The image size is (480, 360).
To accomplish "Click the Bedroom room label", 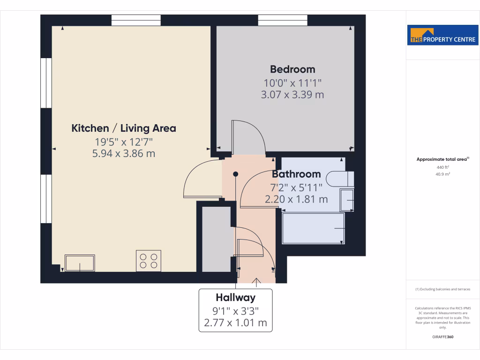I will click(x=292, y=69).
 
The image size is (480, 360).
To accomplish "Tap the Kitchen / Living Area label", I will click(x=124, y=128).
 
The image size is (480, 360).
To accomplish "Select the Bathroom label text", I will click(x=296, y=174).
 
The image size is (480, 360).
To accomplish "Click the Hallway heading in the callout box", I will click(x=235, y=297).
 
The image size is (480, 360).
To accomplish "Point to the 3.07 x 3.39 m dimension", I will click(x=292, y=95).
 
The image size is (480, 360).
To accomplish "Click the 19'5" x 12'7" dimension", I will click(x=124, y=142).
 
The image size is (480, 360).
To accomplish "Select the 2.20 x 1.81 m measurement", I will click(x=296, y=199).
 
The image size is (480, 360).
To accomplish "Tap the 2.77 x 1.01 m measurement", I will click(x=235, y=322).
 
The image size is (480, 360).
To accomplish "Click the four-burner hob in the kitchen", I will click(x=149, y=261).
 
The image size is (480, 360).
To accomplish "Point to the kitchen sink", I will click(x=80, y=263).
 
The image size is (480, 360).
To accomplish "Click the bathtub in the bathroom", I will click(x=313, y=228).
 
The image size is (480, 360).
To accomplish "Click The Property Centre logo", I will click(x=443, y=36).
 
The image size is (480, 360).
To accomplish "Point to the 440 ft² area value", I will click(x=443, y=167).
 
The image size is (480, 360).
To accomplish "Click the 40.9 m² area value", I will click(x=443, y=174).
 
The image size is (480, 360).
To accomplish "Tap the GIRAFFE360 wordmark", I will click(x=443, y=337).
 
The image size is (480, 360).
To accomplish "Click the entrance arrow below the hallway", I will click(x=256, y=281).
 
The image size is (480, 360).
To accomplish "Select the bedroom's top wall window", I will click(x=283, y=20).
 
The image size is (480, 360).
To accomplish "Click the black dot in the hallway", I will click(x=236, y=174).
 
